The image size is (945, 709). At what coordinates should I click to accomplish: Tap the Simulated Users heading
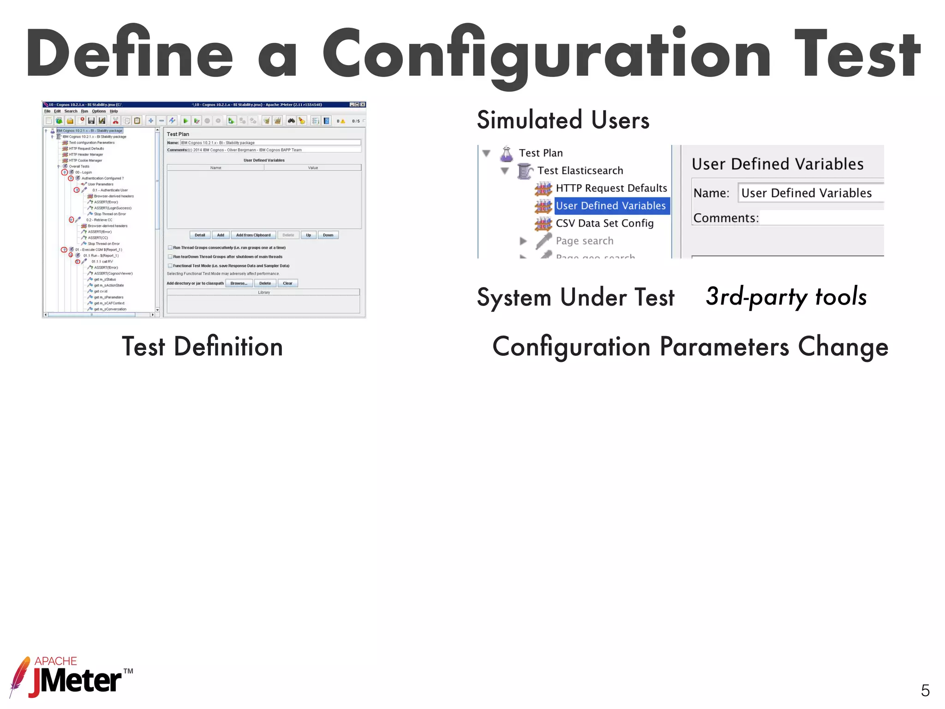pos(563,120)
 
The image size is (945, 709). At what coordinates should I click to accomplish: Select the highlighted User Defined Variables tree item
pos(610,206)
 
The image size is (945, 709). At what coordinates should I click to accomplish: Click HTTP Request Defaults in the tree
pos(611,188)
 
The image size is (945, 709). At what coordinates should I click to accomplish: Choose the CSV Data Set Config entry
pos(604,223)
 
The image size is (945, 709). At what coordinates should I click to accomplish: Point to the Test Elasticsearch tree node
pos(580,171)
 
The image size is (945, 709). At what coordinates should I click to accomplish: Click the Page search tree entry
pos(585,241)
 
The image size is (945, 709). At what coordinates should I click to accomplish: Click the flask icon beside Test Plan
pos(507,154)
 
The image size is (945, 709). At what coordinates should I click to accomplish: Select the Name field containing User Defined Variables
pos(810,193)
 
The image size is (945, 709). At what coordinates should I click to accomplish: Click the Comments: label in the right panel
pos(726,218)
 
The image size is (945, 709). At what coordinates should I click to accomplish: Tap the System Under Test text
pos(575,297)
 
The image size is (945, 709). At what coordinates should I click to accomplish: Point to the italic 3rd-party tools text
pos(786,296)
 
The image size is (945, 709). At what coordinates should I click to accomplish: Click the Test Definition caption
pos(202,347)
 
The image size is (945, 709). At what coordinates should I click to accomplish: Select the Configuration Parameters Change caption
pos(690,347)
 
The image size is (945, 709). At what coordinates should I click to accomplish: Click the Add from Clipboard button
pos(253,235)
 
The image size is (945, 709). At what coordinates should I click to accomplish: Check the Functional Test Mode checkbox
pos(170,266)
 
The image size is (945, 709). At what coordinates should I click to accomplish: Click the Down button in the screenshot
pos(328,235)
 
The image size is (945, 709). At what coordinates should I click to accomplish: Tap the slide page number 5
pos(925,691)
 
